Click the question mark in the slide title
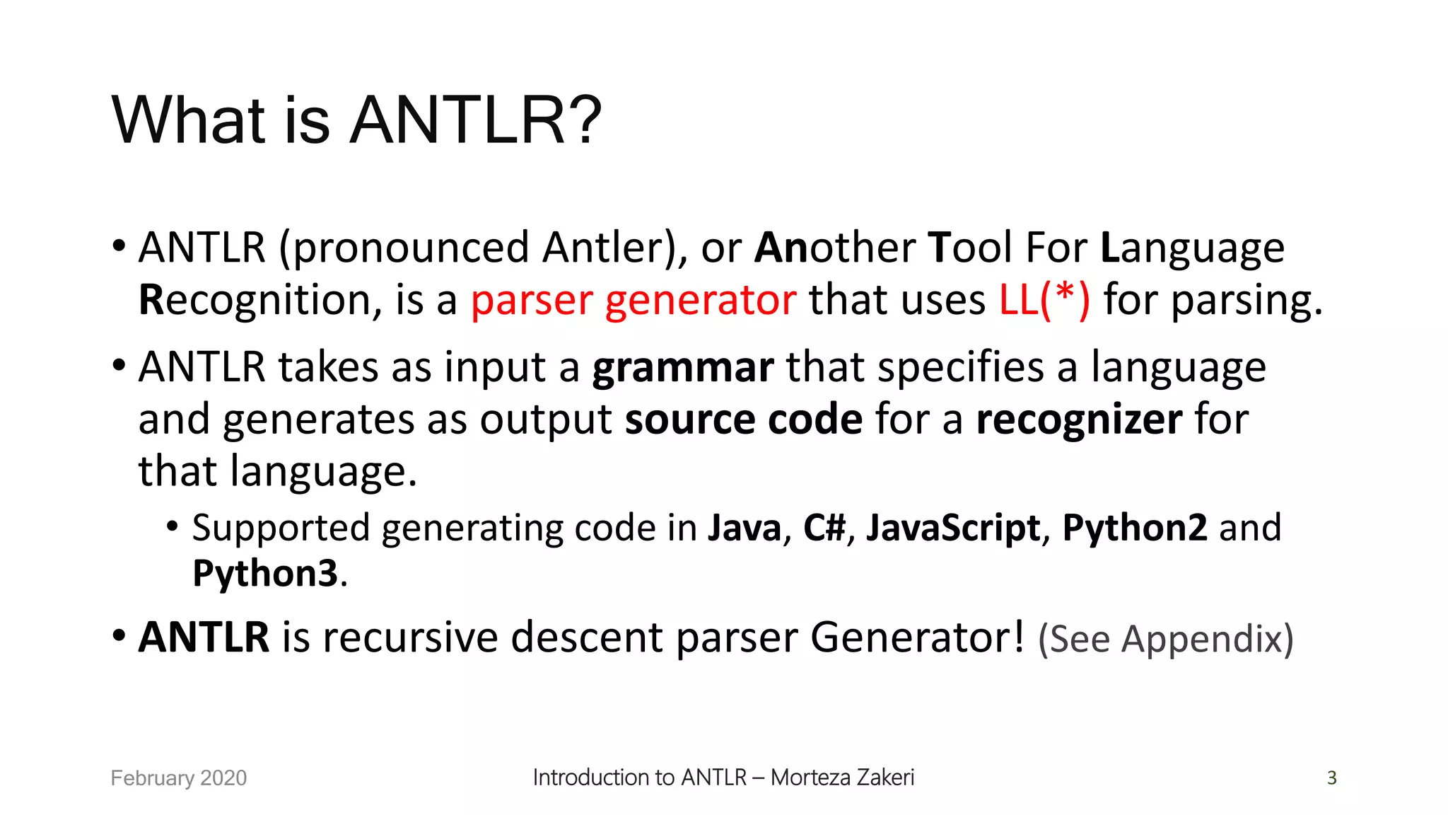coord(582,120)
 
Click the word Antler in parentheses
coord(605,248)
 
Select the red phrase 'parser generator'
coord(633,300)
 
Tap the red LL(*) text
coord(1044,300)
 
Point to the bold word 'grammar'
coord(683,368)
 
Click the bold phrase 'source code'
coord(744,420)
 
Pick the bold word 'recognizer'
coord(1079,420)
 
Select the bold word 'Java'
coord(745,528)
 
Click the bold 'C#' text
coord(824,528)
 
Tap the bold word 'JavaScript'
coord(953,528)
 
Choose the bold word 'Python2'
coord(1135,528)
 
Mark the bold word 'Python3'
coord(265,573)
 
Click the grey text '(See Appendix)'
coord(1165,639)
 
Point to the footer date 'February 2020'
coord(179,778)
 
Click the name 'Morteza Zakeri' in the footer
coord(842,778)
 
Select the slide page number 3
coord(1332,778)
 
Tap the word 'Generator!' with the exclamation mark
coord(917,637)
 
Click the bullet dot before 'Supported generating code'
coord(173,526)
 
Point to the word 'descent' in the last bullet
coord(586,637)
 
